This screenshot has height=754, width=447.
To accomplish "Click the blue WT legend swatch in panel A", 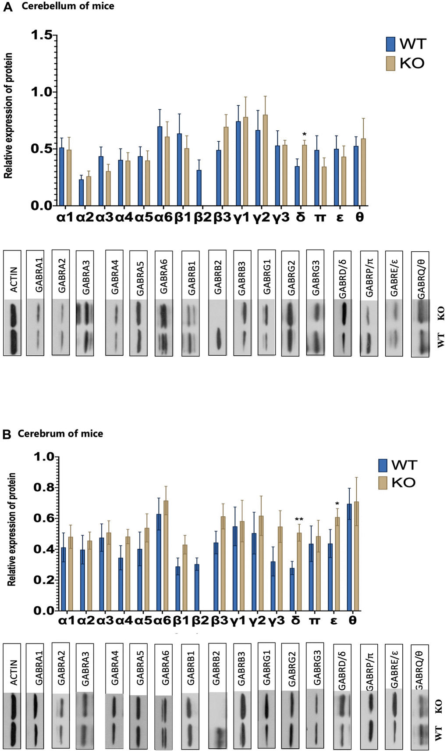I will tap(390, 44).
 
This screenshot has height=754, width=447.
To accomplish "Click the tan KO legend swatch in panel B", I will tap(383, 483).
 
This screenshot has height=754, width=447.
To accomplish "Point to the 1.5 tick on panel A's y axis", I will tap(41, 36).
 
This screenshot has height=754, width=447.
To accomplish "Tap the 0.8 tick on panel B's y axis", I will tap(43, 488).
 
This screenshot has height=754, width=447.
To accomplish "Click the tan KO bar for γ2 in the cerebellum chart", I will tap(265, 160).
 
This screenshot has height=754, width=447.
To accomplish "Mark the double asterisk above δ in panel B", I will tap(299, 520).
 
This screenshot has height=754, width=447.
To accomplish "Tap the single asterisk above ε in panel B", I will tap(337, 504).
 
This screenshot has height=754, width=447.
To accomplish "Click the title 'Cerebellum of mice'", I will tap(68, 6).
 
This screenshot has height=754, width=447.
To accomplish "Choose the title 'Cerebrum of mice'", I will tap(60, 434).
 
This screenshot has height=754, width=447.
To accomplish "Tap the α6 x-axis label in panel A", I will tap(163, 217).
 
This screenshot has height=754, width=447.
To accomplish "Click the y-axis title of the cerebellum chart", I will tap(8, 116).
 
